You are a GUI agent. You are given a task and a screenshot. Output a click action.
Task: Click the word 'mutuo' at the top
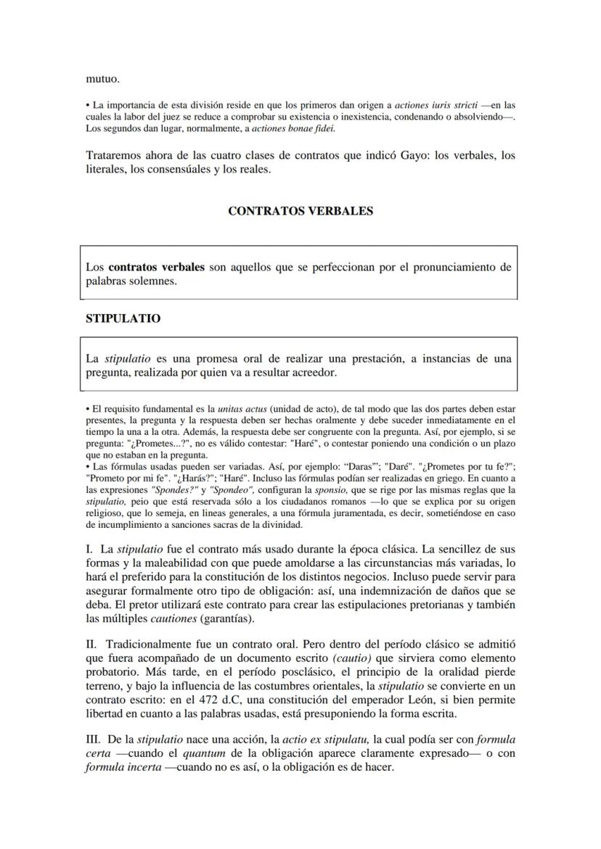tap(102, 78)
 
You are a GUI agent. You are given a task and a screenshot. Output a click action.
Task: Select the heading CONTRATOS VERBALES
tap(300, 212)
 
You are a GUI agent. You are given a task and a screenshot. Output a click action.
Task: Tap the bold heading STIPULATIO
tap(123, 318)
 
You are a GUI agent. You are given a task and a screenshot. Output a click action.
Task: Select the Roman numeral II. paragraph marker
tap(91, 644)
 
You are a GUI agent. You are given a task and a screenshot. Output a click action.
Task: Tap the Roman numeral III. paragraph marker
tap(93, 740)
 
